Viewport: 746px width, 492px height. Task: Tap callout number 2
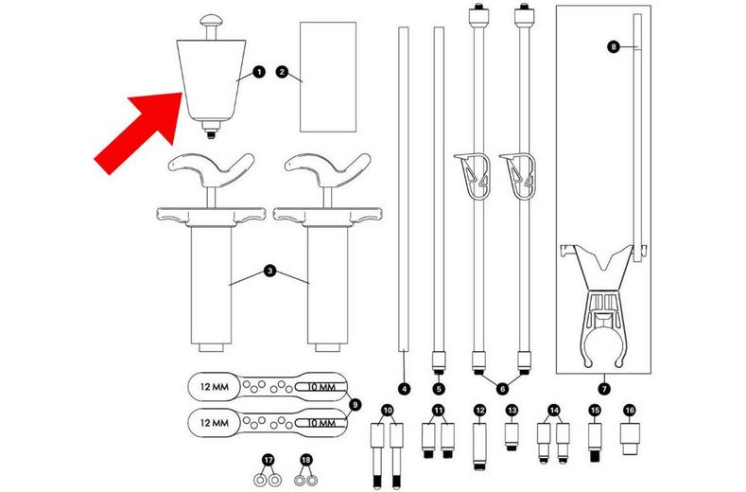pos(281,72)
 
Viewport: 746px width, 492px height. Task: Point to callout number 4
pos(403,388)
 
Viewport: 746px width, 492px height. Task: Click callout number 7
pos(603,388)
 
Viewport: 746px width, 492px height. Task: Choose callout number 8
pos(614,45)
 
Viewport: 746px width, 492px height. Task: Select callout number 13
pos(512,410)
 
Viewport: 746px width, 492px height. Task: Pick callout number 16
pos(630,410)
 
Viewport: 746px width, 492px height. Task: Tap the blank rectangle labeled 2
pos(321,76)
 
